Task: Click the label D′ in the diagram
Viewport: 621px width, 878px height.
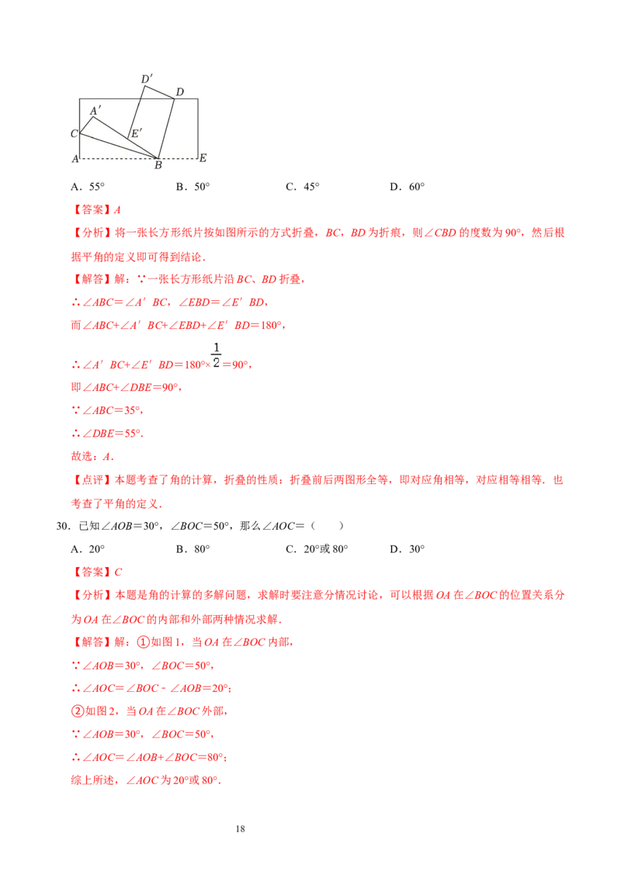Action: pos(145,79)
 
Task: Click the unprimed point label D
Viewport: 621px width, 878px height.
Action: pos(179,92)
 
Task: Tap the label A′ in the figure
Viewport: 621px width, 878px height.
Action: pos(95,111)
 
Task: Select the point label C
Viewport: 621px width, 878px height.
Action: pos(74,133)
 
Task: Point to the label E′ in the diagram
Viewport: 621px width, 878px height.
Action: pos(136,133)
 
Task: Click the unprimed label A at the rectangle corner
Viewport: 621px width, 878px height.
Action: pos(75,158)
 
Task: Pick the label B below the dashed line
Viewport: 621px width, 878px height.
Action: pos(158,165)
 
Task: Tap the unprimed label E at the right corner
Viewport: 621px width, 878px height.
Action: pos(203,157)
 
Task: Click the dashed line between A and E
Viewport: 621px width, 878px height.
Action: pos(116,158)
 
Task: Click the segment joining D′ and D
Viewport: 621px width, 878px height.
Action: pos(160,92)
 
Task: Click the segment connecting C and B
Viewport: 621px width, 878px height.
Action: pos(116,146)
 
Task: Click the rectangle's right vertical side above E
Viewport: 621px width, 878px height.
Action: pos(198,128)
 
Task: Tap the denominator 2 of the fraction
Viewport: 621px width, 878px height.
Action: pos(217,364)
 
